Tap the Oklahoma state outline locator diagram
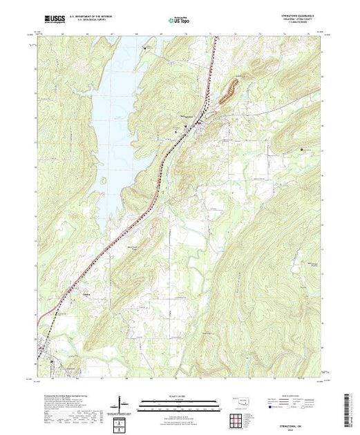coord(238,402)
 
